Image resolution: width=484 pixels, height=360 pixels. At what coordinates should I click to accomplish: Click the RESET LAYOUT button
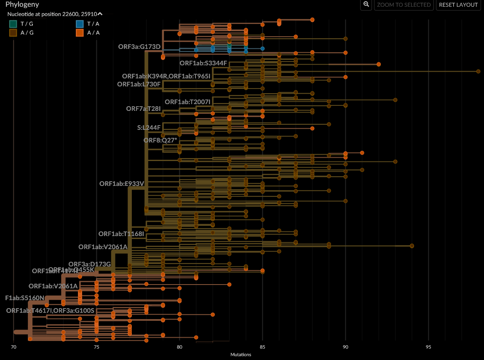coord(458,5)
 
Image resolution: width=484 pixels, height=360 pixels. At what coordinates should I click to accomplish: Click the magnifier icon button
coord(366,5)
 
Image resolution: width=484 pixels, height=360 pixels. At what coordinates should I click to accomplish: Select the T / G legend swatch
coord(13,24)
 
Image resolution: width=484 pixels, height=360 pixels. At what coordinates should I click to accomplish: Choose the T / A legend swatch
coord(80,24)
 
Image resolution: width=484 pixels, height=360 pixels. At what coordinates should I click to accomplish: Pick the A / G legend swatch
coord(13,32)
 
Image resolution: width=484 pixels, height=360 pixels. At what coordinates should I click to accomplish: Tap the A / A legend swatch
coord(80,32)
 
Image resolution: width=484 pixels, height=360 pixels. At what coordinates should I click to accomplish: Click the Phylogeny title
coord(22,5)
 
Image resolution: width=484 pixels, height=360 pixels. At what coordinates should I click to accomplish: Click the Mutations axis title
coord(241,355)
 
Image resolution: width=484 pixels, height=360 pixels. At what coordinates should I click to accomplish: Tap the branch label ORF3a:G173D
coord(139,46)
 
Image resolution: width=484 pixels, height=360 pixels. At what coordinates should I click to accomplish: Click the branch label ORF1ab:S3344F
coord(203,63)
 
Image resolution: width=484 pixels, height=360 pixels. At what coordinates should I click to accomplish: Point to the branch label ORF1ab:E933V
coord(122,184)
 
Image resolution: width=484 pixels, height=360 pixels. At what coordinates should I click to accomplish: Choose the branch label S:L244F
coord(149,127)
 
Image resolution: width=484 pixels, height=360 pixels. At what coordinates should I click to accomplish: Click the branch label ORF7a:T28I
coord(143,109)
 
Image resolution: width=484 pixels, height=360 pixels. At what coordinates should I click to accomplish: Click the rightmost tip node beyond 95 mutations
coord(478,72)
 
